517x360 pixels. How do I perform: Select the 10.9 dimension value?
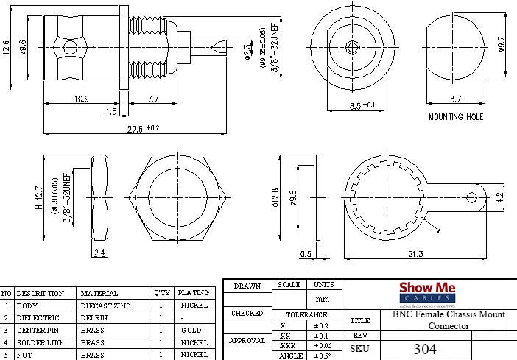[x=81, y=99]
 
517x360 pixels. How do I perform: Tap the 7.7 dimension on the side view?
[x=153, y=99]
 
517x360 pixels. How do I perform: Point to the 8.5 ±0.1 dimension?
[x=361, y=105]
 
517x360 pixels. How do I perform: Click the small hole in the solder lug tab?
[x=473, y=197]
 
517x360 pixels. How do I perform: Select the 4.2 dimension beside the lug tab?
[x=501, y=197]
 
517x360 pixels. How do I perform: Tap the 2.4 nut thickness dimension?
[x=101, y=253]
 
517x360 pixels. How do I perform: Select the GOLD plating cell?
[x=191, y=330]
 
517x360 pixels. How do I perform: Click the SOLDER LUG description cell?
[x=41, y=342]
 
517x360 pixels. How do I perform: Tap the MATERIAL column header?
[x=99, y=293]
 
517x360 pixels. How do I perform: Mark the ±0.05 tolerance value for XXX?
[x=323, y=345]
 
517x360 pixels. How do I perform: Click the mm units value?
[x=323, y=300]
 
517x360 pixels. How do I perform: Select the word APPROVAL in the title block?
[x=247, y=341]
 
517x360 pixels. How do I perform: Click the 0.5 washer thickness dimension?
[x=305, y=254]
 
